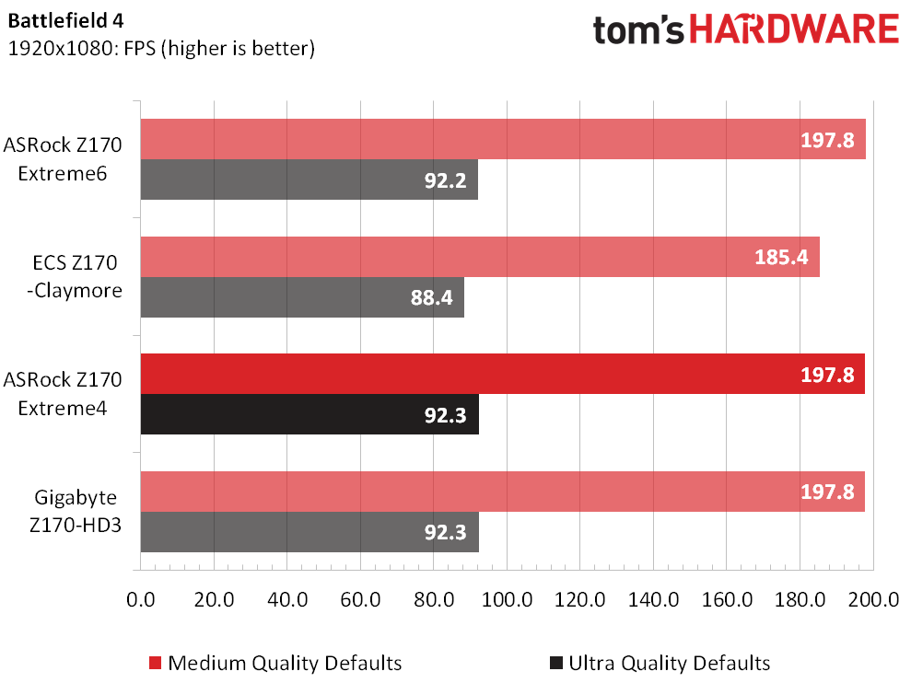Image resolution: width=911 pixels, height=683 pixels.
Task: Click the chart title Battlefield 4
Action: (65, 21)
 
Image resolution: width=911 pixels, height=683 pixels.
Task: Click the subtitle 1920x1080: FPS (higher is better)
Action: (161, 48)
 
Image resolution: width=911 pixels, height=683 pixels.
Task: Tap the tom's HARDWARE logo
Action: (746, 29)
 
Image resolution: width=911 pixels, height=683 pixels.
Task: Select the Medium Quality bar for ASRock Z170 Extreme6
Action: (503, 139)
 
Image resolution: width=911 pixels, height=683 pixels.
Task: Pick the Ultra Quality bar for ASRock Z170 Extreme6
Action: (310, 179)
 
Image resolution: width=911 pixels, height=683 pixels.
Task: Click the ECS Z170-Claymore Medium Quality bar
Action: (481, 257)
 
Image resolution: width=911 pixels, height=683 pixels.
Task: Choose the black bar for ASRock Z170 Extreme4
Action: (310, 414)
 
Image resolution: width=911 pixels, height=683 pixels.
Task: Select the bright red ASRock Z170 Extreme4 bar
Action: (503, 374)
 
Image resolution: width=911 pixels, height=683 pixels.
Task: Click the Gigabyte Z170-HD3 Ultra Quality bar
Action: (310, 532)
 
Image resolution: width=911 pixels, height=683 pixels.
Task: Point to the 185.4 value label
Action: (781, 257)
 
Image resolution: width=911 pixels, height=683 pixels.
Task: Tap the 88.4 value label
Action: (432, 297)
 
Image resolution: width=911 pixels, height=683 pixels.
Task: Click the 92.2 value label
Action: (446, 180)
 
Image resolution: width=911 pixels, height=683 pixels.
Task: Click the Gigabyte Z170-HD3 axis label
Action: (76, 511)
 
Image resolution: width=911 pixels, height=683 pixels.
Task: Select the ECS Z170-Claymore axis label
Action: (75, 276)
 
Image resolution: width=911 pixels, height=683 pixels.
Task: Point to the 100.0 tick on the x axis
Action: (507, 599)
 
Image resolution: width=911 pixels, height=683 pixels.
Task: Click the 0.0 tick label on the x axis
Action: (141, 599)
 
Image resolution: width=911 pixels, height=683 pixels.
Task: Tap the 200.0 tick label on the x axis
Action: (873, 599)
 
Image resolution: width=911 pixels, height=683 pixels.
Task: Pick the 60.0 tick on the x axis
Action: (360, 599)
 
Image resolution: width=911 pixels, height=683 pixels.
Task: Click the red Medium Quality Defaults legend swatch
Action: (155, 663)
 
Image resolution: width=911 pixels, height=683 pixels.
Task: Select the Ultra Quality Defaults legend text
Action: (670, 663)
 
